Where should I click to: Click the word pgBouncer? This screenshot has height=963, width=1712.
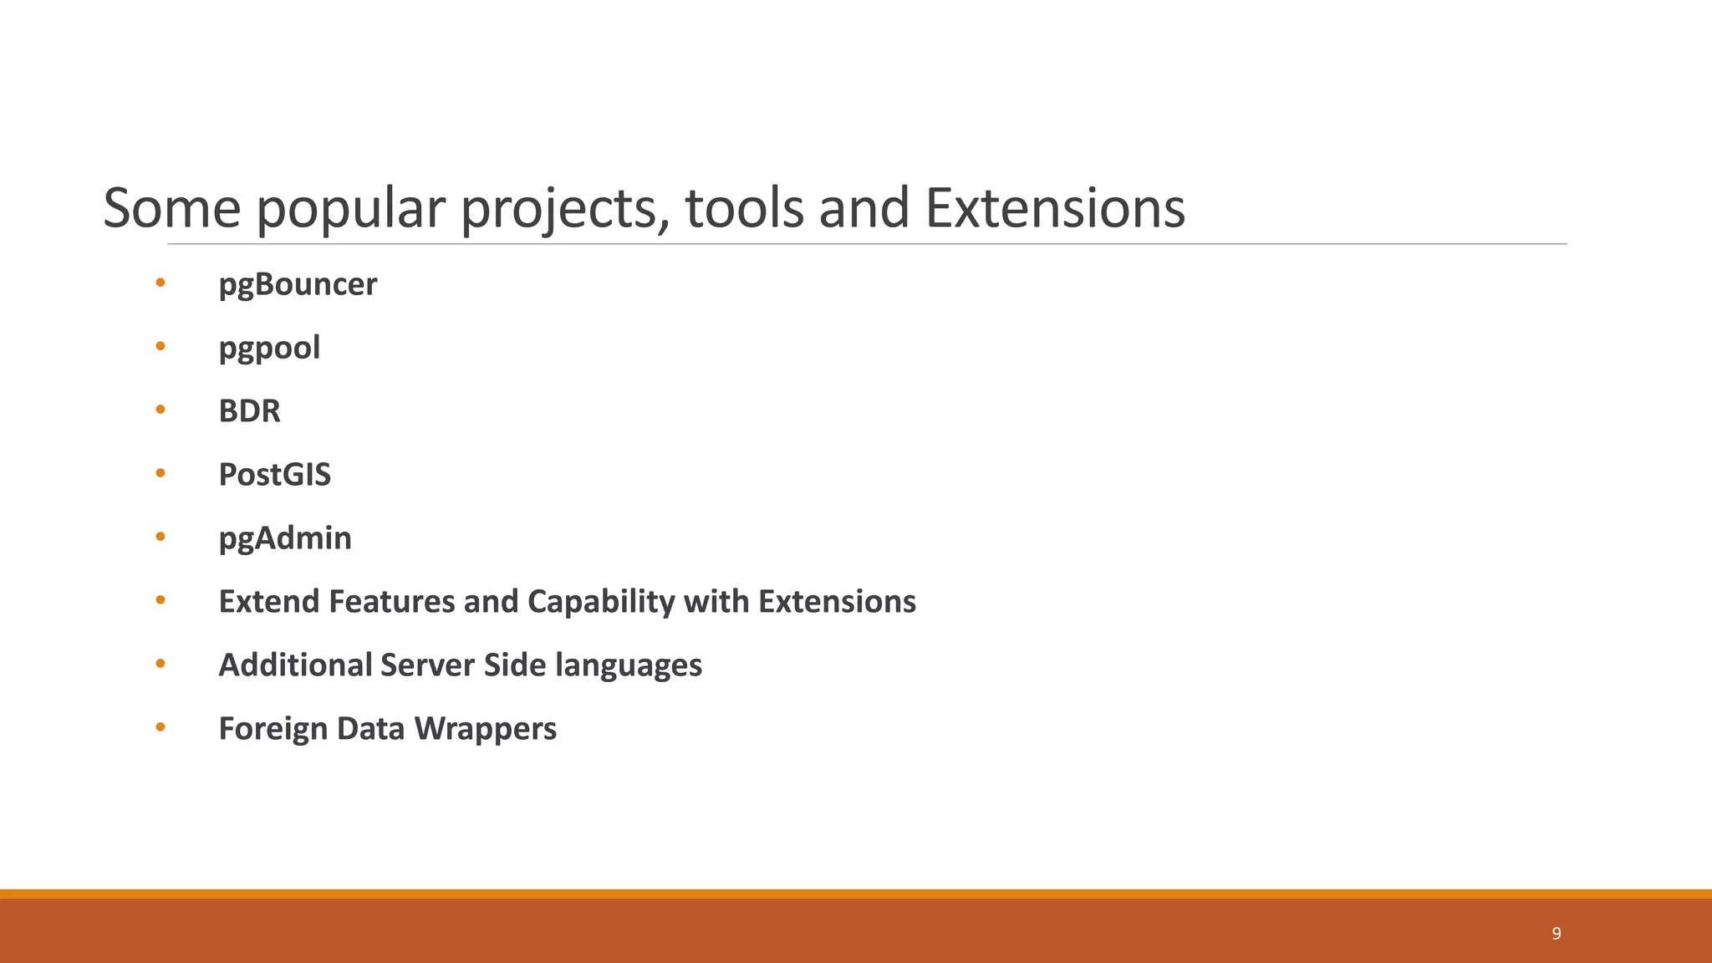coord(298,285)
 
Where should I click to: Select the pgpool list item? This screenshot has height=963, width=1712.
coord(269,349)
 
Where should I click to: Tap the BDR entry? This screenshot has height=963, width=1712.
coord(249,411)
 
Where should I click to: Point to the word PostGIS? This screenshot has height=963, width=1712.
coord(274,475)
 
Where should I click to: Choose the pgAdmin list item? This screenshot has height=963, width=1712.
coord(285,538)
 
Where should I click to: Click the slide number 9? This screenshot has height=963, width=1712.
coord(1556,934)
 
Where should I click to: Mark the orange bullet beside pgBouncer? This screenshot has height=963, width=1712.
coord(160,283)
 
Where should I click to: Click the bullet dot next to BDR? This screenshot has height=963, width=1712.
coord(160,410)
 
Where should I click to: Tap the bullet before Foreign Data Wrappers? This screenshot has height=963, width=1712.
coord(160,727)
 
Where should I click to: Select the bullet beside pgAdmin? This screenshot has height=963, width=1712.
coord(160,537)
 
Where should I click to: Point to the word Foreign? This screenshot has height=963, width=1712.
coord(273,729)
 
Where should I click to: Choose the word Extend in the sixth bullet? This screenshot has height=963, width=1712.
coord(268,602)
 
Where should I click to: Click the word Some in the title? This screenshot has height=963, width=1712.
coord(171,209)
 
